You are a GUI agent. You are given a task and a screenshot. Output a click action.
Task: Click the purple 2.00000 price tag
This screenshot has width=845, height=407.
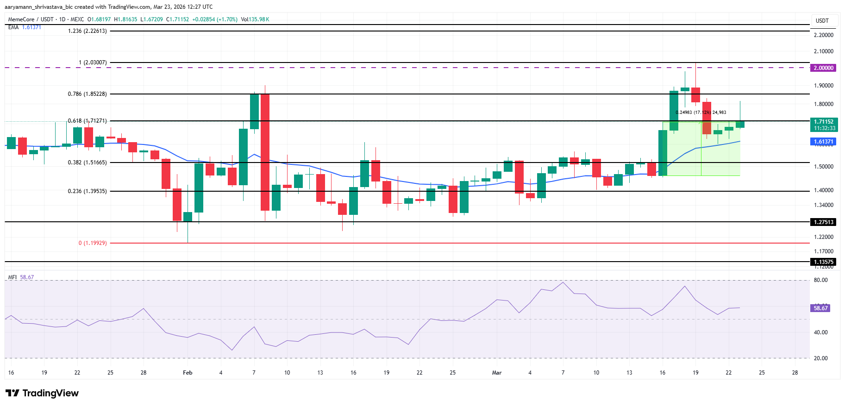point(824,68)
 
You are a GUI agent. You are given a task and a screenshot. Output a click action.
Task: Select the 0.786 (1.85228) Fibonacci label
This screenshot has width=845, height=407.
point(88,94)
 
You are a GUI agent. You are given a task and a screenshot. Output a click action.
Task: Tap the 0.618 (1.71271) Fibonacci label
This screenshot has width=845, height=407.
point(88,121)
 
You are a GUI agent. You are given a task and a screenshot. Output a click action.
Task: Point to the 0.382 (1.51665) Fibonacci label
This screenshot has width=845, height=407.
point(88,163)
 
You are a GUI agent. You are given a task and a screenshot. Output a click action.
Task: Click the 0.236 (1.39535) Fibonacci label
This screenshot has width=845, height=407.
point(88,191)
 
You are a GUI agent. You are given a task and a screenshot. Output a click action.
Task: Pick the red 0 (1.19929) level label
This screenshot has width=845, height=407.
point(93,243)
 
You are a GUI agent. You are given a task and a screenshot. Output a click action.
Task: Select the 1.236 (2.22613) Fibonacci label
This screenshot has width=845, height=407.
point(88,31)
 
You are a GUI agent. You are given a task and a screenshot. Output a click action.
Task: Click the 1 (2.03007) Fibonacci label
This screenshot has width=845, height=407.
point(93,63)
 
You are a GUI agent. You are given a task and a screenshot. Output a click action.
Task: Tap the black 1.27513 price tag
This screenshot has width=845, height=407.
point(824,222)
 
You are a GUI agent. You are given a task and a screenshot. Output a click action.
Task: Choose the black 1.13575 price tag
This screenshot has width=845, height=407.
point(824,262)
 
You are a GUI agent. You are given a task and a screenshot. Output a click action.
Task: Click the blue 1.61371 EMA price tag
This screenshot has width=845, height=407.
point(824,142)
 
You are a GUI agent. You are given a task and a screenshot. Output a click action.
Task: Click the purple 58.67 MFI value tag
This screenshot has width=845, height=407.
point(820,308)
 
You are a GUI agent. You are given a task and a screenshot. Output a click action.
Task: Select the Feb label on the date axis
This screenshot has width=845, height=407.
point(188,373)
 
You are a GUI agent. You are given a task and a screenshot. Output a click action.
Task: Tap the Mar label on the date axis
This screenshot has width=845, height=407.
point(497,373)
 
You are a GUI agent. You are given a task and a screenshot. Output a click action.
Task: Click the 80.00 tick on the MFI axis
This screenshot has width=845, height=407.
point(820,280)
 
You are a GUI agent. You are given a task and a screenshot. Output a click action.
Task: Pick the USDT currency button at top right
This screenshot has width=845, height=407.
point(822,21)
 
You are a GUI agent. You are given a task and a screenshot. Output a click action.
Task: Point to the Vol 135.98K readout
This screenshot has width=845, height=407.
point(255,19)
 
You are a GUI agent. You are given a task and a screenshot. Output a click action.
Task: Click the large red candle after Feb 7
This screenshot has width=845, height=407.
point(265,152)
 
